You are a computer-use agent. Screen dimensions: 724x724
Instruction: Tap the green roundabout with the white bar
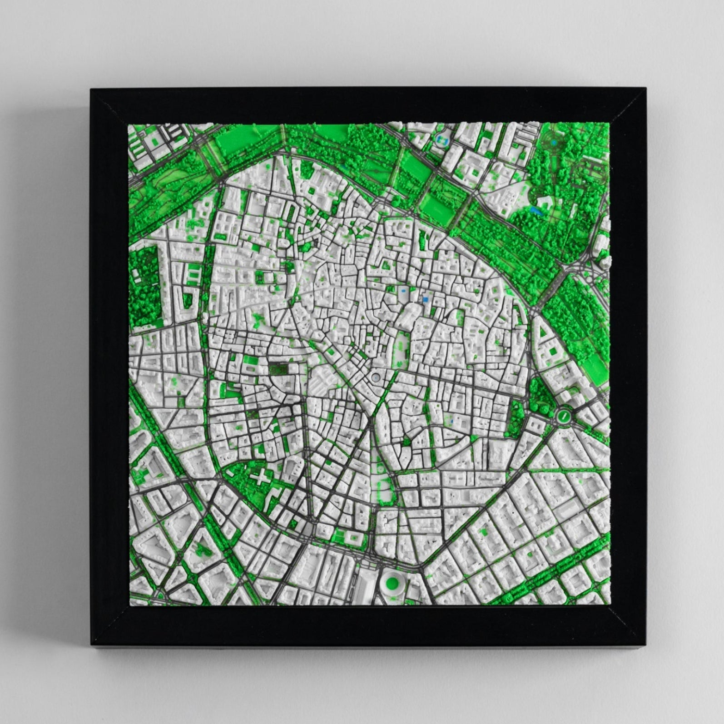[564, 415]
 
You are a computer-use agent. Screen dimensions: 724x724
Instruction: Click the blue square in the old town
[425, 299]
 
